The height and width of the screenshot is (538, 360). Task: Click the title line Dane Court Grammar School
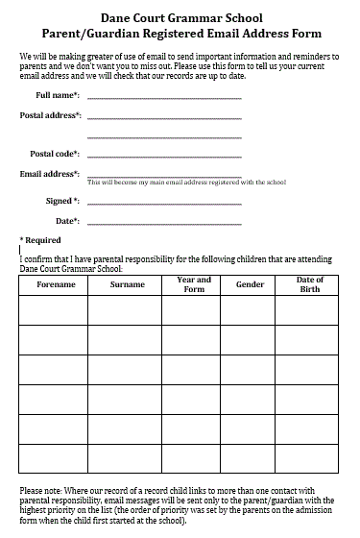tap(180, 17)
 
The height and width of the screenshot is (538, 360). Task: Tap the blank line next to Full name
tap(164, 97)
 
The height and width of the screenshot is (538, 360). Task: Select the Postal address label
tap(50, 115)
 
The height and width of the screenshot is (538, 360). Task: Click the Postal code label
tap(55, 154)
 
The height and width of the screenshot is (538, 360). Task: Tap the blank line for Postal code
tap(164, 156)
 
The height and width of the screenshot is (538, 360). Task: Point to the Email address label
tap(50, 174)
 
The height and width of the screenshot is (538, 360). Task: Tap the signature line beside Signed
tap(164, 203)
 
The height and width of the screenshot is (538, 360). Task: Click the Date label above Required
tap(67, 221)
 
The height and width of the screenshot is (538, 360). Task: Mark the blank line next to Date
tap(164, 223)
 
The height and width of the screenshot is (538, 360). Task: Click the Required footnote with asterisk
tap(40, 240)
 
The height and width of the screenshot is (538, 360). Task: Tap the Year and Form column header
tap(194, 284)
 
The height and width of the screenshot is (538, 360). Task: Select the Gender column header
tap(250, 285)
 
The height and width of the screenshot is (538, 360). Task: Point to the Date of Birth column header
tap(310, 284)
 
